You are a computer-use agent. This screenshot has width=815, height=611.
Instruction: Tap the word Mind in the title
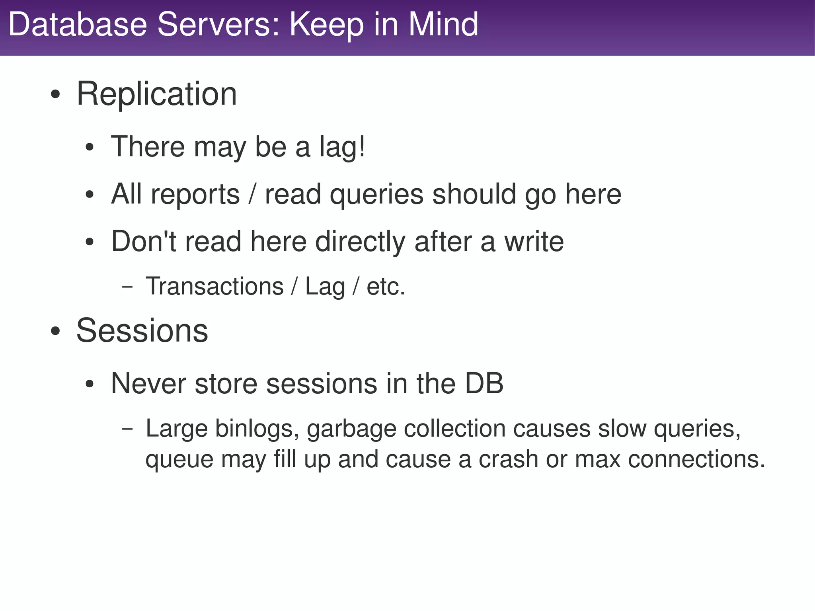point(443,25)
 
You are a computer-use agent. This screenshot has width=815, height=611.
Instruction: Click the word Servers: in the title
point(219,25)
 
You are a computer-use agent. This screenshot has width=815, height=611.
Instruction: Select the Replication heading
point(157,94)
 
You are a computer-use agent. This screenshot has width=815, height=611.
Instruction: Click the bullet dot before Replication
point(56,96)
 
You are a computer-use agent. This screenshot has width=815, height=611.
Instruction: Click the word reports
point(195,195)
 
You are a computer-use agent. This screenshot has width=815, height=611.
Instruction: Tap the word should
point(474,194)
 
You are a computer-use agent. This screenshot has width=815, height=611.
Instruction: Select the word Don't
point(143,241)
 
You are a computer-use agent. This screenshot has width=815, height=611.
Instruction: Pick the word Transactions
point(214,287)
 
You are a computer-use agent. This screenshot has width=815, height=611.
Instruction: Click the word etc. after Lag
point(386,287)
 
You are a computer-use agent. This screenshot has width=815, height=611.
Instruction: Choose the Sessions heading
point(142,330)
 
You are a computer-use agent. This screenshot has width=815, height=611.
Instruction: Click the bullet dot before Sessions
point(56,331)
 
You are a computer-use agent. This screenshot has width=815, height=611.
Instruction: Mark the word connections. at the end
point(696,459)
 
